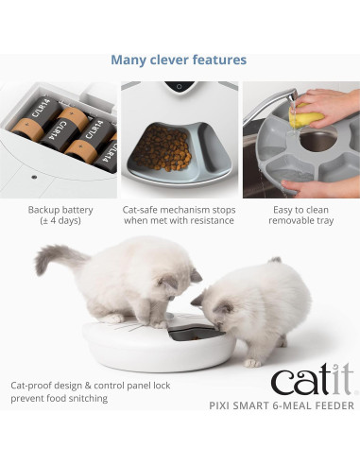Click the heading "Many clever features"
179,60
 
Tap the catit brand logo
312,381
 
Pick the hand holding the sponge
331,103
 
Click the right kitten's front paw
252,362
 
